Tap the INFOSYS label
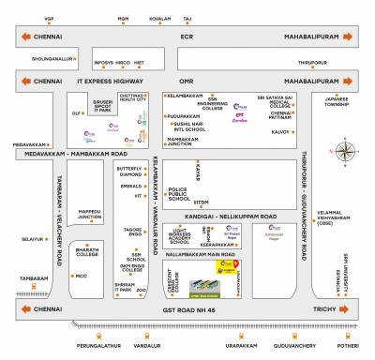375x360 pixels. tap(102, 64)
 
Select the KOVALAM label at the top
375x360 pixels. tap(160, 19)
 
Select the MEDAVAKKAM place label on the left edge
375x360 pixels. tap(29, 144)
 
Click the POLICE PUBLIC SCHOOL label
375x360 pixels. tap(178, 194)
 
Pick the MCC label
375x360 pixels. tap(81, 276)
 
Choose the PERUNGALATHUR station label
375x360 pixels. tap(97, 348)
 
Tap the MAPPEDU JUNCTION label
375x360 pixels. tap(90, 214)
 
